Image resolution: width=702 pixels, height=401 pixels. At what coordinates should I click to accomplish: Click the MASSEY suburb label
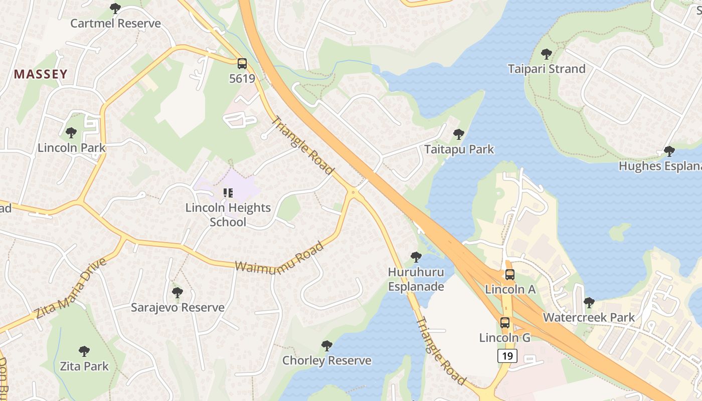(x=41, y=75)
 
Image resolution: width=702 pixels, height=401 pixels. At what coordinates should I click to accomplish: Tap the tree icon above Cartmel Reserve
(x=115, y=9)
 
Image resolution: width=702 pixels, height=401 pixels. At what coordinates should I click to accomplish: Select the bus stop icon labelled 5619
(x=242, y=64)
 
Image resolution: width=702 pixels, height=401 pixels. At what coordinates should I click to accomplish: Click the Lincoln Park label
(x=72, y=148)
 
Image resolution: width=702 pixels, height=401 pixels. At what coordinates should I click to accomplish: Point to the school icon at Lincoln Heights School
(x=228, y=193)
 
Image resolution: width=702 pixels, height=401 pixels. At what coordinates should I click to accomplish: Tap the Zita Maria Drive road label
(x=71, y=289)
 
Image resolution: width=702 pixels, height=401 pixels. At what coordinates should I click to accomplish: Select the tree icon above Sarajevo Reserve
(x=177, y=293)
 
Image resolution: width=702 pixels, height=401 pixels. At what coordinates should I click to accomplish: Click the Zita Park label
(x=84, y=366)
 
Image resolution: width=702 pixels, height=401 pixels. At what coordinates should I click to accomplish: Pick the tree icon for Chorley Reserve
(x=327, y=346)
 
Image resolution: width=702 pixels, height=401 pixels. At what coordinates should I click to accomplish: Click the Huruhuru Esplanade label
(x=416, y=279)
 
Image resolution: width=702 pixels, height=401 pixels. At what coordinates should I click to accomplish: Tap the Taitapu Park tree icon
(x=458, y=134)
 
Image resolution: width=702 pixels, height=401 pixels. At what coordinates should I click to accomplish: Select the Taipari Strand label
(x=547, y=69)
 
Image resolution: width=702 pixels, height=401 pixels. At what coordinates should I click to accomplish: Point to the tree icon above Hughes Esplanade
(x=669, y=151)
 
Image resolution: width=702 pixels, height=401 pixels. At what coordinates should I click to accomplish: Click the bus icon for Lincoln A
(x=510, y=275)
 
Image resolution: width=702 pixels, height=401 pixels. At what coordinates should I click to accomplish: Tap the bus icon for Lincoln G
(x=505, y=323)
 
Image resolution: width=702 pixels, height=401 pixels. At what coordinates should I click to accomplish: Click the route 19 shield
(x=507, y=356)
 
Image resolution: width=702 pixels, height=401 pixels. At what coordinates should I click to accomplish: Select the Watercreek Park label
(x=589, y=317)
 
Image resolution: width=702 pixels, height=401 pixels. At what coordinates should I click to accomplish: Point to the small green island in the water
(x=620, y=232)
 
